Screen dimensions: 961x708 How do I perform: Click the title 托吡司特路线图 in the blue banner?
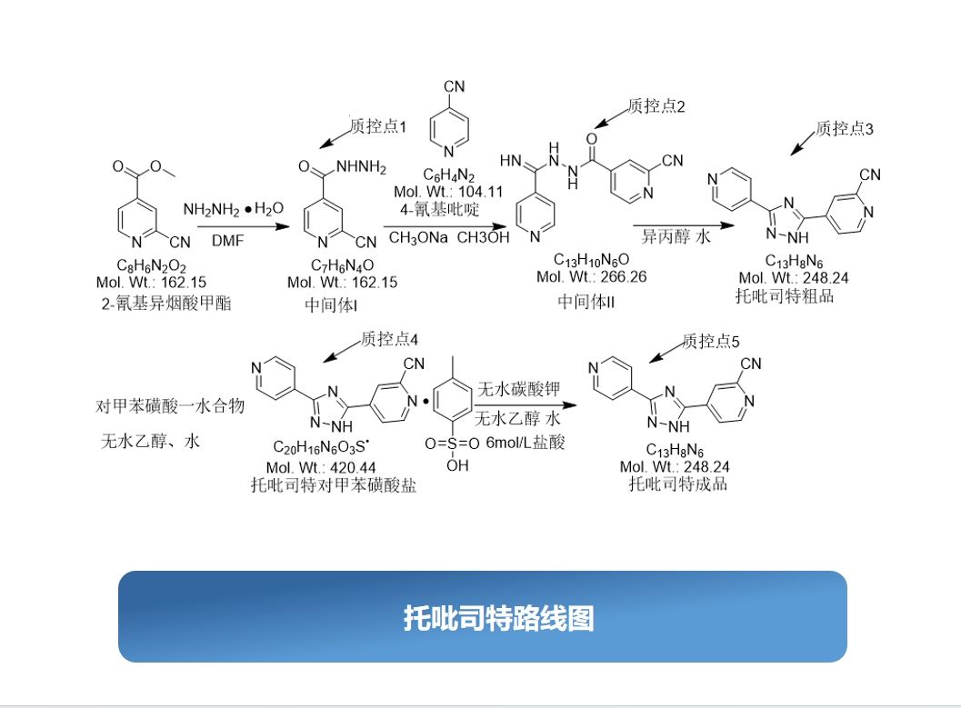click(498, 618)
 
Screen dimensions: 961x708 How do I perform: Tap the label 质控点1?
click(377, 126)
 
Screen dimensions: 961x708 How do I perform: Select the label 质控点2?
click(656, 106)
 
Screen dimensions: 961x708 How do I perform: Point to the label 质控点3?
click(844, 129)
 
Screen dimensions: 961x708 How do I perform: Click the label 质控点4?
click(389, 339)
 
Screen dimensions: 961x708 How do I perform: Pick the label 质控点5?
click(711, 341)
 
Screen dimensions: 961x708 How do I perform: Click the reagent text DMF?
click(228, 241)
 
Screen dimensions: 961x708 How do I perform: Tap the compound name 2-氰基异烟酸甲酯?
click(166, 304)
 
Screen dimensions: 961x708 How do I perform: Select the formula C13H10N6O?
click(592, 260)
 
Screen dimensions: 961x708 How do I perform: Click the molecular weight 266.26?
click(624, 277)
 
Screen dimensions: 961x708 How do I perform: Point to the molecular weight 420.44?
click(353, 468)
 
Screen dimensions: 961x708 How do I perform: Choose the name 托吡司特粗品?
click(785, 296)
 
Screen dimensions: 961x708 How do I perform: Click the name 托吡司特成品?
click(678, 484)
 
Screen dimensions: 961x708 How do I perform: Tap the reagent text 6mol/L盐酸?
click(526, 443)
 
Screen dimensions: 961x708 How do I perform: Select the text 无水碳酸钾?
click(518, 389)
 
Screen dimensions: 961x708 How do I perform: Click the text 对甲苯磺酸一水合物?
click(170, 406)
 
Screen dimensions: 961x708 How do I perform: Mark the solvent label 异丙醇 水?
click(676, 236)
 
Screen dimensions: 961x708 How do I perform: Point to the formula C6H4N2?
click(448, 175)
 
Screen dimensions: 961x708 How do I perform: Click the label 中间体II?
click(586, 302)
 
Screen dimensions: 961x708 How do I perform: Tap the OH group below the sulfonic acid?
click(457, 465)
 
